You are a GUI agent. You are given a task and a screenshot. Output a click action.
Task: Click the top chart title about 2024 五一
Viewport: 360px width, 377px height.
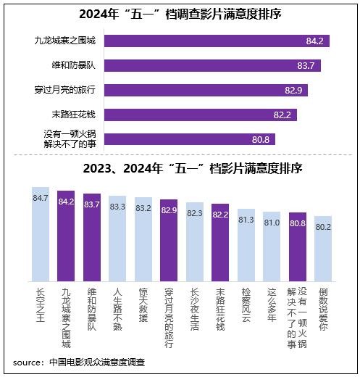pos(180,14)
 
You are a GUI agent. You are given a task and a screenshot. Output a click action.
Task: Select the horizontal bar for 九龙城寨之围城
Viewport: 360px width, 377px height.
pos(217,41)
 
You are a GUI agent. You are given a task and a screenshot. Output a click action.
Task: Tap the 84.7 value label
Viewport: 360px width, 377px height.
pos(41,196)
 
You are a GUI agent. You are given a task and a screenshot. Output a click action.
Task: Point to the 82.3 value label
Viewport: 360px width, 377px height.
pos(195,213)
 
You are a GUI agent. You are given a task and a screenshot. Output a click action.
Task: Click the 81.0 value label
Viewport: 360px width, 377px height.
pos(272,223)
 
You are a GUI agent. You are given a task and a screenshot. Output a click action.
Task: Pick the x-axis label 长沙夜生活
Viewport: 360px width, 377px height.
pos(195,307)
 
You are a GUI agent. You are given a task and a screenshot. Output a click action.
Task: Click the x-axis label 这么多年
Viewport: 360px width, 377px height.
pos(272,304)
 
